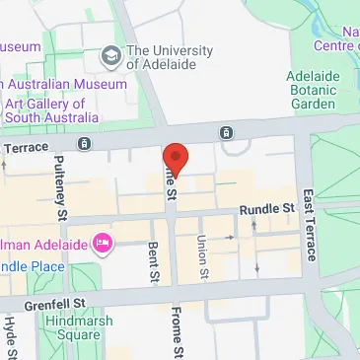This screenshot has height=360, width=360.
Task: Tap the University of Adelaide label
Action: point(169,59)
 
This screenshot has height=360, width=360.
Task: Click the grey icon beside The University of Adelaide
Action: point(110,52)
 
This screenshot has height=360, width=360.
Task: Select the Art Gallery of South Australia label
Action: point(61,110)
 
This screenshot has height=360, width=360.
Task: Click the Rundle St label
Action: point(267,209)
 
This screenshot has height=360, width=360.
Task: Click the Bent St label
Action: point(153,263)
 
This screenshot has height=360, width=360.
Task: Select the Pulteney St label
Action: point(60,189)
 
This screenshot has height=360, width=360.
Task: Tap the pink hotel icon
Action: point(102,242)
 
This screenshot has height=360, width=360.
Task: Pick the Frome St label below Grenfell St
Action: point(178,333)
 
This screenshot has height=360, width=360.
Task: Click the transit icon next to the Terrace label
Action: point(85,144)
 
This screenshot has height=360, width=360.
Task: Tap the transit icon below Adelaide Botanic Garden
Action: point(227,133)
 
